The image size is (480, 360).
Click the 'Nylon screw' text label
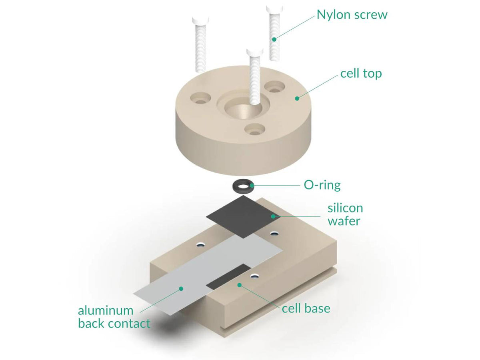tap(352, 15)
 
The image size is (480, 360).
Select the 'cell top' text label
tap(361, 74)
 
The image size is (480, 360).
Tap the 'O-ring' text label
tap(322, 185)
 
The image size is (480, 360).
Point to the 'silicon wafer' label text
tap(345, 214)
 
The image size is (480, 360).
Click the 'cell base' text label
tap(306, 308)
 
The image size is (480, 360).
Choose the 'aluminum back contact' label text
tap(114, 317)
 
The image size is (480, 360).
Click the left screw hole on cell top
tap(200, 98)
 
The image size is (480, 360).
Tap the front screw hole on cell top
tap(254, 129)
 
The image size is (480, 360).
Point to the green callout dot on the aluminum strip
tap(181, 288)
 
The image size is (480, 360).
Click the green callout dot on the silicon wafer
tap(273, 216)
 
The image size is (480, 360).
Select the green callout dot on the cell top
tap(297, 98)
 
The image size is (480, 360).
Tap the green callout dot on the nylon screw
tap(274, 39)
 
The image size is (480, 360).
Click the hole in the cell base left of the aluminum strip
tap(200, 244)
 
